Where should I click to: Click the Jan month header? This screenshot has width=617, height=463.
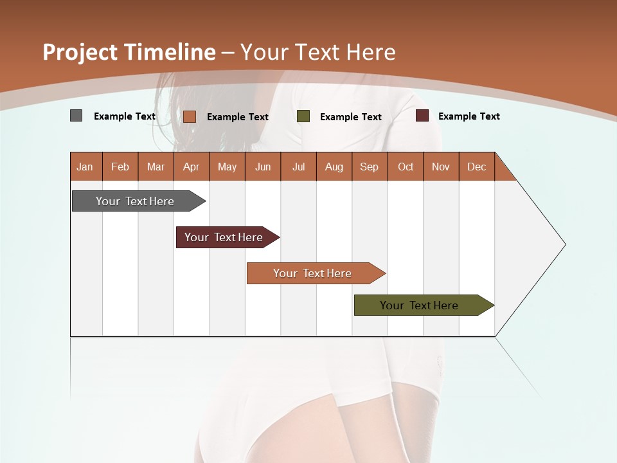click(85, 167)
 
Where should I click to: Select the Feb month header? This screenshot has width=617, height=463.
click(120, 167)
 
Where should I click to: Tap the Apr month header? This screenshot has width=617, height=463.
click(192, 167)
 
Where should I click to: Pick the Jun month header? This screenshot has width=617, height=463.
click(263, 167)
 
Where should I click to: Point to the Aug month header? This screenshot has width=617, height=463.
click(334, 167)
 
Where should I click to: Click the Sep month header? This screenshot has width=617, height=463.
click(370, 167)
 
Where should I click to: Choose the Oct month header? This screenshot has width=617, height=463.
click(406, 167)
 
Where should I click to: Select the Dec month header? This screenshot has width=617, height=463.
click(477, 167)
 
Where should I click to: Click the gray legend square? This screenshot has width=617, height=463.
click(76, 116)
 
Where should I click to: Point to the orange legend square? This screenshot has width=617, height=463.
click(189, 116)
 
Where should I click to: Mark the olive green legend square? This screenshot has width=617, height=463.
click(303, 116)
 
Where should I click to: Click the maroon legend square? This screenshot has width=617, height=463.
click(422, 116)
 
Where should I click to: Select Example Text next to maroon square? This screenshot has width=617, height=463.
click(469, 116)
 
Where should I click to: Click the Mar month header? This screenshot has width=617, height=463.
click(156, 167)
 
